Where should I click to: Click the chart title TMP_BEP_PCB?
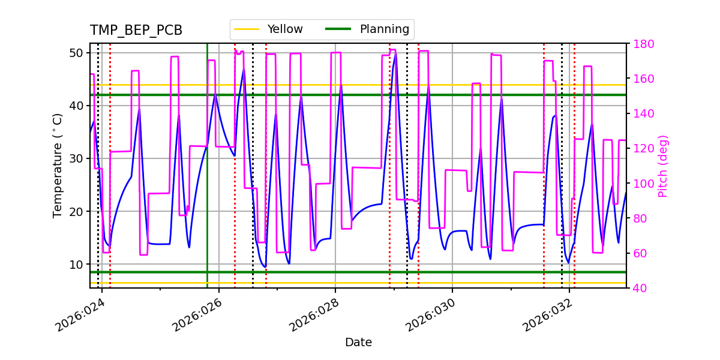point(136,31)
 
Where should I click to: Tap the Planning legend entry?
point(368,29)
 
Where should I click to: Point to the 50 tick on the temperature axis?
point(77,53)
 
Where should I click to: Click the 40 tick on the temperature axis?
point(77,106)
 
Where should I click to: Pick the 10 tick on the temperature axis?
point(77,264)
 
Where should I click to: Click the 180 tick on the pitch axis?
point(643,44)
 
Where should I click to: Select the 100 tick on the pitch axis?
point(643,184)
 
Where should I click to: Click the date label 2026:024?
point(80,316)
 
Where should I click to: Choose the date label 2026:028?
point(313,316)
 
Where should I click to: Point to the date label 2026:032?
point(547,316)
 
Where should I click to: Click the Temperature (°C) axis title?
point(58,165)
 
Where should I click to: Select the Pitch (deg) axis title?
point(663,166)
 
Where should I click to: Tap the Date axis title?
point(358,343)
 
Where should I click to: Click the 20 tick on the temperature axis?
point(77,211)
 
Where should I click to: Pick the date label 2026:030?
point(430,316)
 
